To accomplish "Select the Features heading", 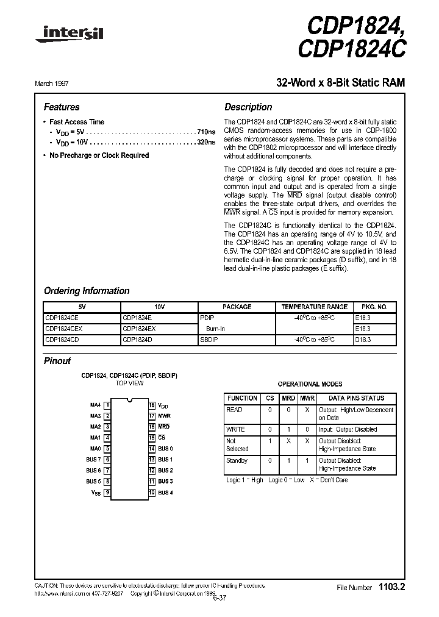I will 62,107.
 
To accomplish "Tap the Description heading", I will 248,107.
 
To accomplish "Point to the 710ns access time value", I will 207,132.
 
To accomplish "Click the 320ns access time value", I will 207,142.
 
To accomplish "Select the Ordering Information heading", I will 87,291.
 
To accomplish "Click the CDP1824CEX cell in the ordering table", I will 66,329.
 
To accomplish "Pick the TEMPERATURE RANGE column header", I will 314,307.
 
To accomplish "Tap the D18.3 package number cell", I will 363,340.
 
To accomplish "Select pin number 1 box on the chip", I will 107,404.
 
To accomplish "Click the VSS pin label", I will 96,493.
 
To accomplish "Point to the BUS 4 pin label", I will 165,493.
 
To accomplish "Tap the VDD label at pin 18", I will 163,405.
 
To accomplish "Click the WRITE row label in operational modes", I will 235,429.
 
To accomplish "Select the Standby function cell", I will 237,461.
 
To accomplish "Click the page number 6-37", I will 219,597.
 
